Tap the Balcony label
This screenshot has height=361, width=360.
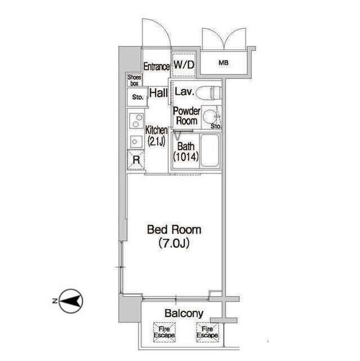coord(184,314)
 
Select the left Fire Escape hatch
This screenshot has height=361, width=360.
coord(165,332)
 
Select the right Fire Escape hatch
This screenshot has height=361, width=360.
coord(207,332)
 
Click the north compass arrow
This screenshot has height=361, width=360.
coord(71,301)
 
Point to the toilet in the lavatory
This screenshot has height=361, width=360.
coord(208,93)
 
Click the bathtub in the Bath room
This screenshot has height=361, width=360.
coord(210,151)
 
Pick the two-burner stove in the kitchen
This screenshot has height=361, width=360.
coord(136,121)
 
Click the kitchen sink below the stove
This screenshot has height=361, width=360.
coord(136,142)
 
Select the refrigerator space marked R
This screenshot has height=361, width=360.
coord(136,160)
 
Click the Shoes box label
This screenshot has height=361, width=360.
coord(135,80)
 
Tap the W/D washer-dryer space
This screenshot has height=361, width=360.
coord(184,64)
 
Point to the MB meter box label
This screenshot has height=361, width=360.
coord(224,63)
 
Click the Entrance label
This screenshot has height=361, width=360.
coord(157,67)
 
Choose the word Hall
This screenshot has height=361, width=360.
coord(158,93)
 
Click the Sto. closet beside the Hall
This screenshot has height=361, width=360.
coord(137,97)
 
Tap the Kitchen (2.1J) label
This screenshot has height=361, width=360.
coord(156,136)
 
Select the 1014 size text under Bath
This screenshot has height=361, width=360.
coord(186,157)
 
